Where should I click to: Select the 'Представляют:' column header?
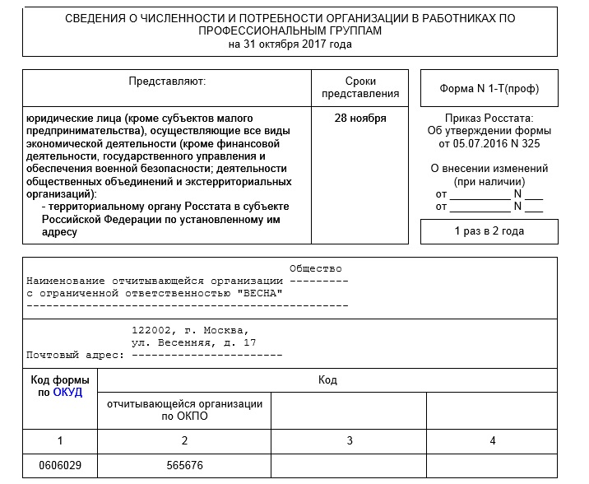pyautogui.click(x=167, y=81)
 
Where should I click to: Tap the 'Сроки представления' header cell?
pyautogui.click(x=360, y=87)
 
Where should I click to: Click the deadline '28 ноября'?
pyautogui.click(x=360, y=118)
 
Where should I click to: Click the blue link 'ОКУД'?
pyautogui.click(x=67, y=393)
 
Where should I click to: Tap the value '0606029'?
pyautogui.click(x=60, y=466)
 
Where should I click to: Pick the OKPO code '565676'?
pyautogui.click(x=184, y=466)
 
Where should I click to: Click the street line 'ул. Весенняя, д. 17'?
pyautogui.click(x=194, y=342)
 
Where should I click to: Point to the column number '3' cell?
pyautogui.click(x=350, y=441)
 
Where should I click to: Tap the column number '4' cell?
pyautogui.click(x=492, y=441)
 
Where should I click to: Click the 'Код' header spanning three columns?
pyautogui.click(x=327, y=380)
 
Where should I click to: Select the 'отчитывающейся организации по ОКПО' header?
pyautogui.click(x=184, y=410)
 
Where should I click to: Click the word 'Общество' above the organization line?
pyautogui.click(x=315, y=269)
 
